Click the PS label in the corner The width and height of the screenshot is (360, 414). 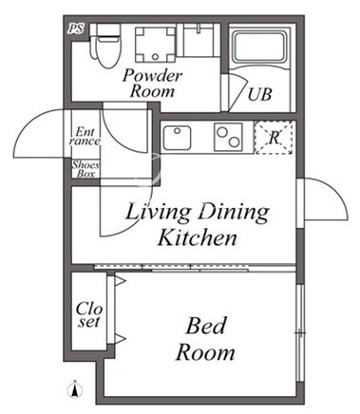[76, 28]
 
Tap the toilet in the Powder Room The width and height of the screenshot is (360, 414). [105, 46]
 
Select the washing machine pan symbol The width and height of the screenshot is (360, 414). [155, 45]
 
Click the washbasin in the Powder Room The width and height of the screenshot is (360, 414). [199, 40]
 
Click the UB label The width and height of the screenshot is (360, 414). [259, 94]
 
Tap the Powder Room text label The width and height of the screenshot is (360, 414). [153, 84]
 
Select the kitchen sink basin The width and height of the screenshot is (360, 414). [177, 138]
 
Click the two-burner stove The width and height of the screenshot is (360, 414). [228, 137]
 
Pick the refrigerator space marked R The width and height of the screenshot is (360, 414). [274, 138]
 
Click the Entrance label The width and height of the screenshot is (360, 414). [85, 136]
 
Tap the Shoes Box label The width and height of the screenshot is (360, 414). [85, 169]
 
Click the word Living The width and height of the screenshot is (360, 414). [158, 212]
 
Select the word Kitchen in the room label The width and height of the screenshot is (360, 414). [198, 237]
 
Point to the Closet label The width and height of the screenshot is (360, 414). [89, 314]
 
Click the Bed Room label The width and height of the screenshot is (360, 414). [205, 339]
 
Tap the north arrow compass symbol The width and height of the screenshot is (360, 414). [75, 389]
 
